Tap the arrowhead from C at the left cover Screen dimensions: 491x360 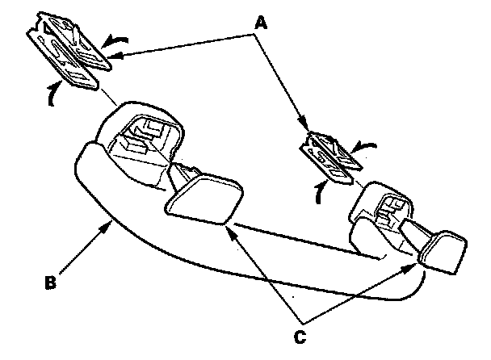229,228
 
